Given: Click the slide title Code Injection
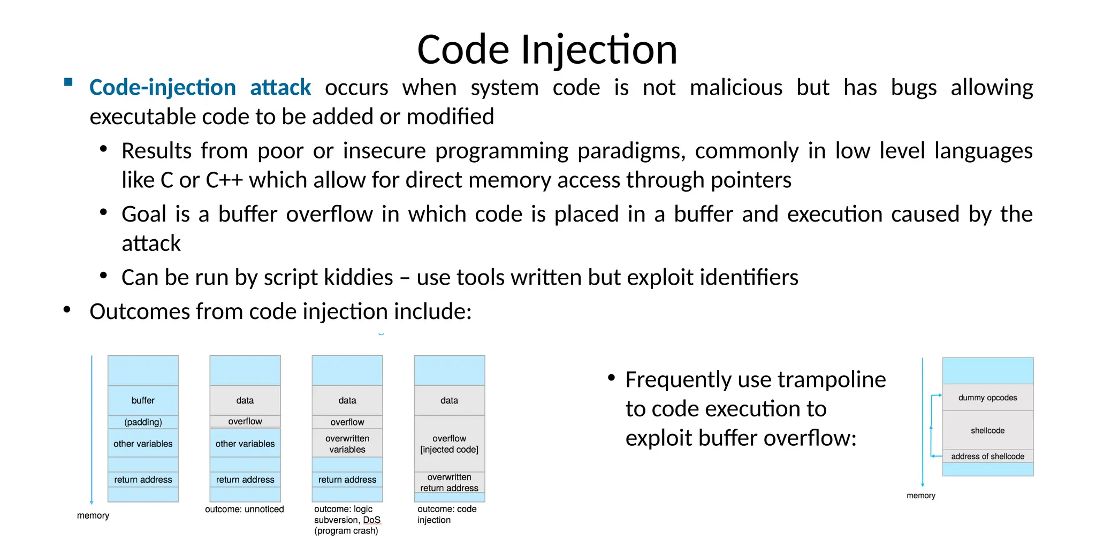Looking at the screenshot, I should tap(547, 50).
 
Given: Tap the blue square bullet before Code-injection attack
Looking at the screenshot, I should tap(68, 82).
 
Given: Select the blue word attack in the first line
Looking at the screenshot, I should tap(280, 88).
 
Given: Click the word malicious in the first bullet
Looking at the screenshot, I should tap(736, 88).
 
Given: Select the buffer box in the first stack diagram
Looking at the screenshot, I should tap(143, 400).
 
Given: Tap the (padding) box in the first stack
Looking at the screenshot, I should tap(143, 422).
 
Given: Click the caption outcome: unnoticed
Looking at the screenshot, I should tap(245, 509).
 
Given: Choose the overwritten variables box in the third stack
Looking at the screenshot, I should tap(347, 444).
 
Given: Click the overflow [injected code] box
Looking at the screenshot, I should tap(450, 444).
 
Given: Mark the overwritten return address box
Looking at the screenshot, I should tap(450, 482).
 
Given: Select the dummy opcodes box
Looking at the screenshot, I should tap(987, 398).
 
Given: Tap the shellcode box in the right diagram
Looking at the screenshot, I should tap(987, 430).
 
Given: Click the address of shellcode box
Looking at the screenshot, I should tap(987, 456).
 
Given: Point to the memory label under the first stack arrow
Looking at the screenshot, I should tap(93, 515).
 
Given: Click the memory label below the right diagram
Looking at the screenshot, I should tap(920, 496).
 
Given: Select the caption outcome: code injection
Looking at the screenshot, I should tap(446, 514).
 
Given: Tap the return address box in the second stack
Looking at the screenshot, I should tap(245, 479).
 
